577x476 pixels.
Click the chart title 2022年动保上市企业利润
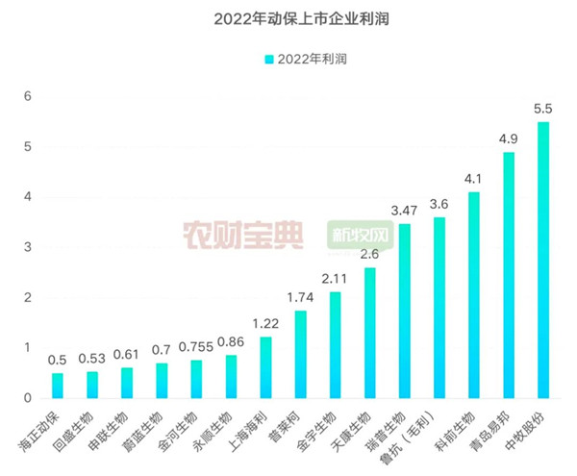[x=289, y=18]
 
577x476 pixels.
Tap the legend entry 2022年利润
[x=305, y=59]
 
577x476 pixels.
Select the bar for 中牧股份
[x=543, y=260]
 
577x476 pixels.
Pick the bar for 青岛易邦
[x=509, y=275]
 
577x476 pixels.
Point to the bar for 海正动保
[x=58, y=386]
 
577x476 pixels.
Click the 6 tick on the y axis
[x=29, y=97]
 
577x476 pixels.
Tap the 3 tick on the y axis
[x=29, y=247]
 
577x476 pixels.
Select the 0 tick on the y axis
[x=29, y=398]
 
